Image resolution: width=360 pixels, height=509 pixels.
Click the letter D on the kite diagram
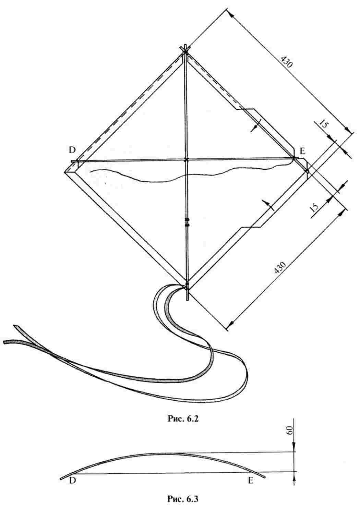pos(72,150)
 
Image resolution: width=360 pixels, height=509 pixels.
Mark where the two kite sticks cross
pos(186,160)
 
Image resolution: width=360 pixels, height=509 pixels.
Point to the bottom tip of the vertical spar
pos(187,301)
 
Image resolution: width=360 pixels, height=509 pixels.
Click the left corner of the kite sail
pos(65,172)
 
